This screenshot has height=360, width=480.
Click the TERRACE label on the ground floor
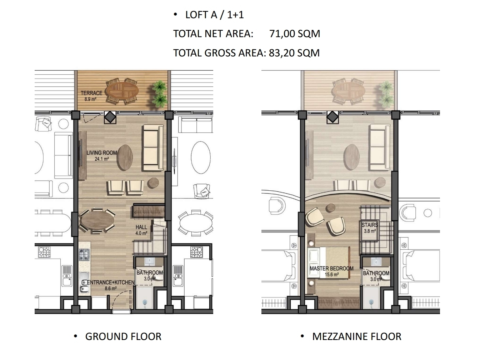pyautogui.click(x=91, y=93)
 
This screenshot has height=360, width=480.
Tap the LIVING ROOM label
pyautogui.click(x=102, y=153)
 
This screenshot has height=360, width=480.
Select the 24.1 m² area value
pyautogui.click(x=102, y=159)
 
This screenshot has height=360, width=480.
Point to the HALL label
pyautogui.click(x=141, y=227)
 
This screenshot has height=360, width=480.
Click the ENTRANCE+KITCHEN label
pyautogui.click(x=111, y=282)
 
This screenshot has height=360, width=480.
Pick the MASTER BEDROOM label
pyautogui.click(x=331, y=269)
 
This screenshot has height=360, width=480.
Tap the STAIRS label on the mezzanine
pyautogui.click(x=370, y=225)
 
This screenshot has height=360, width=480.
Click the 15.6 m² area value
pyautogui.click(x=332, y=275)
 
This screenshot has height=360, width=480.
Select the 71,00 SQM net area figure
pyautogui.click(x=295, y=34)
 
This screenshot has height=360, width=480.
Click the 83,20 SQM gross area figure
pyautogui.click(x=294, y=53)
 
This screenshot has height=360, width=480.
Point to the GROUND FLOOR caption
pyautogui.click(x=123, y=337)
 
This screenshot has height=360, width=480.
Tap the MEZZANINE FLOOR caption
pyautogui.click(x=357, y=337)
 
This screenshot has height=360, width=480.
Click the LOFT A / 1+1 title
pyautogui.click(x=215, y=15)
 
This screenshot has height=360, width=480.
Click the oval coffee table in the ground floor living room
pyautogui.click(x=125, y=157)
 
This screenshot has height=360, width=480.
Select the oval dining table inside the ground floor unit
pyautogui.click(x=97, y=220)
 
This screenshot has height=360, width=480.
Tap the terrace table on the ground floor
pyautogui.click(x=122, y=91)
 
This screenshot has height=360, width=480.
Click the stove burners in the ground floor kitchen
pyautogui.click(x=84, y=255)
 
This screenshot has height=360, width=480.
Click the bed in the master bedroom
pyautogui.click(x=329, y=262)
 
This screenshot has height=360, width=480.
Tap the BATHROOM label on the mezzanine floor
pyautogui.click(x=376, y=273)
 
